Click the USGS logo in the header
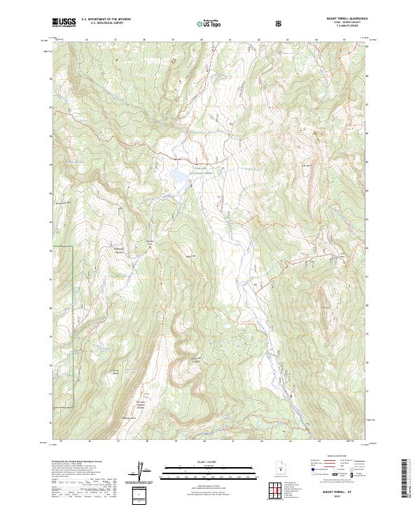pyautogui.click(x=64, y=22)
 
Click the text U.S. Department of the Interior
pyautogui.click(x=106, y=20)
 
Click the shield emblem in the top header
pyautogui.click(x=280, y=23)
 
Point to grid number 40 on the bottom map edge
pyautogui.click(x=203, y=441)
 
